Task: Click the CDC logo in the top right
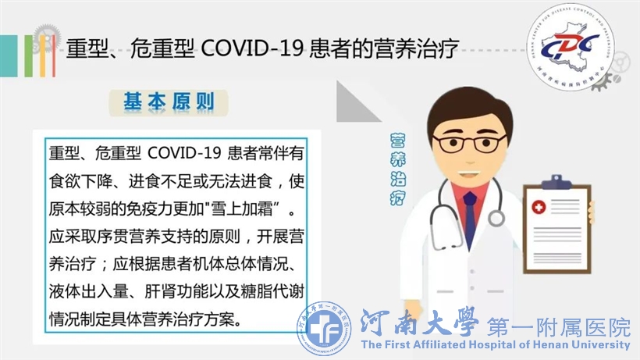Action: tap(571, 47)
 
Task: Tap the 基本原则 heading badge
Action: tap(169, 102)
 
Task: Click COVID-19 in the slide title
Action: tap(252, 48)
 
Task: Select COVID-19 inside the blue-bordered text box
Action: tap(184, 153)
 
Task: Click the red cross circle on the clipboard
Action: tap(539, 208)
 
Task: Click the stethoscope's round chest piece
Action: tap(496, 218)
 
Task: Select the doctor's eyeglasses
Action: tap(469, 143)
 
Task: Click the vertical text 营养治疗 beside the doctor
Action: tap(397, 169)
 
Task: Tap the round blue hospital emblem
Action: tap(324, 329)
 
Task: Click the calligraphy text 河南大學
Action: tap(419, 323)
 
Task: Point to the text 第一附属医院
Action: tap(559, 327)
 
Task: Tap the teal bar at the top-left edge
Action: tap(9, 56)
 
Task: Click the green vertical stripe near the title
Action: tap(28, 56)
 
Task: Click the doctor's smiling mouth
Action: tap(467, 173)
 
